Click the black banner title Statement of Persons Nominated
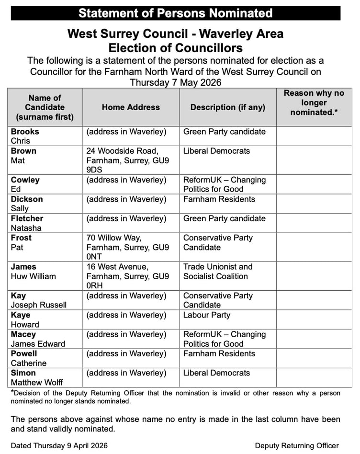pyautogui.click(x=175, y=13)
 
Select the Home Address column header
pyautogui.click(x=131, y=107)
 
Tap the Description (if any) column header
pyautogui.click(x=227, y=107)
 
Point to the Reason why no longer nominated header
pyautogui.click(x=314, y=102)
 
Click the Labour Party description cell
pyautogui.click(x=207, y=315)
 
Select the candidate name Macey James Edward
pyautogui.click(x=38, y=339)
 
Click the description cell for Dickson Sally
pyautogui.click(x=219, y=199)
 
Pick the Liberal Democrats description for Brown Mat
pyautogui.click(x=216, y=151)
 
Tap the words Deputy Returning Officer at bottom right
pyautogui.click(x=297, y=445)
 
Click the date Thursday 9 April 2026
pyautogui.click(x=59, y=445)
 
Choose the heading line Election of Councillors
pyautogui.click(x=175, y=48)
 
